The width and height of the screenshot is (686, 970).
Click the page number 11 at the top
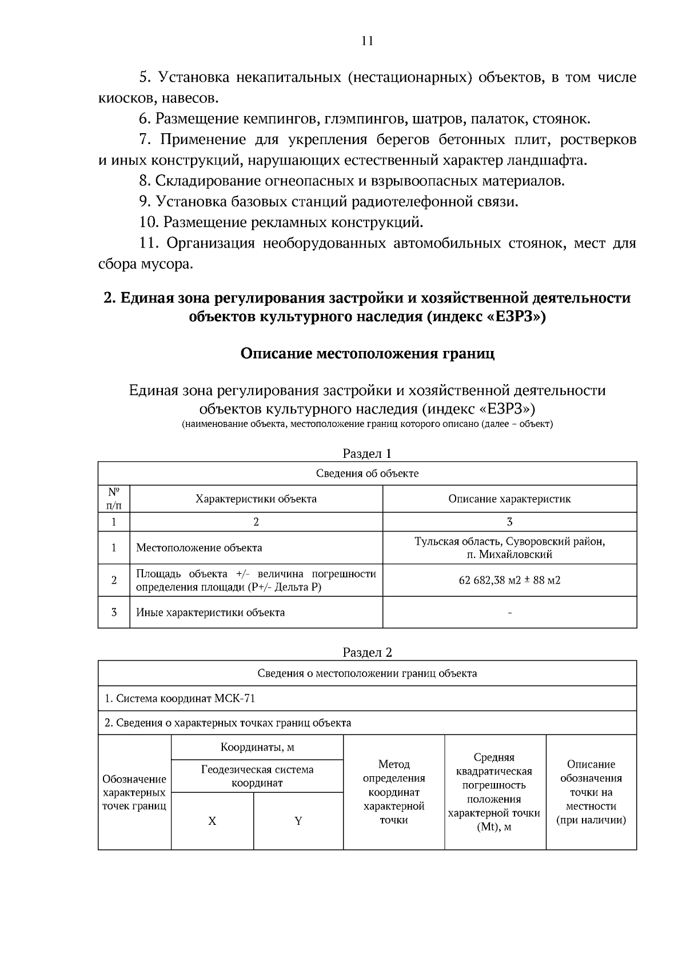coord(367,41)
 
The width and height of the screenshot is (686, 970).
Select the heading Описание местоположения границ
coord(367,353)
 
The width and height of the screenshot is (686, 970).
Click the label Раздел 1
coord(367,453)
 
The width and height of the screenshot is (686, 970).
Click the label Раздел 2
coord(367,652)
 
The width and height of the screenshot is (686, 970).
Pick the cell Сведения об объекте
coord(367,473)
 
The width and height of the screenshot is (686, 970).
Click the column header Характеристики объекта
coord(256,498)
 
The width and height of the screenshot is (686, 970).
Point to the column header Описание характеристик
coord(509,498)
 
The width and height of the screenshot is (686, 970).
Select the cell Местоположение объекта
coord(199,548)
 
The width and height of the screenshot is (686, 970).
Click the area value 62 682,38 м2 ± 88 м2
coord(509,580)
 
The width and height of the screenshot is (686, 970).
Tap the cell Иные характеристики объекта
coord(210,612)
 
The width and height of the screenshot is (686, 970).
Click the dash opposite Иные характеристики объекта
coord(509,613)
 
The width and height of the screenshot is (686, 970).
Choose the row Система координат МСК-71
coord(180,698)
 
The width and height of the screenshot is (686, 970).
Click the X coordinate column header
coord(212,821)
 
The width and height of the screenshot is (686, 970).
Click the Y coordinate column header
coord(298,821)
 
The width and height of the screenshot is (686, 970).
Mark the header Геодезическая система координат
coord(257,776)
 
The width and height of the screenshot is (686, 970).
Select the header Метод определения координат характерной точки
coord(394,792)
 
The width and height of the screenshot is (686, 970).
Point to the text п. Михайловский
coord(509,554)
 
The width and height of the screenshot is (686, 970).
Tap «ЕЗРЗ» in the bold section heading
coord(512,317)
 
